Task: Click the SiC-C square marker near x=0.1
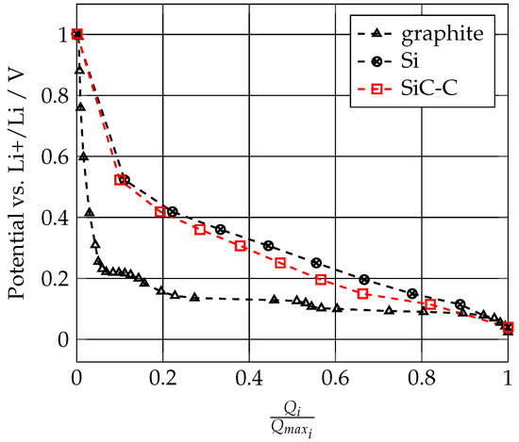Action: click(120, 180)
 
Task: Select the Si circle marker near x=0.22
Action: click(172, 211)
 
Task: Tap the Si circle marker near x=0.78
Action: click(412, 294)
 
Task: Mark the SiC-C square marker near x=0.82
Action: click(430, 304)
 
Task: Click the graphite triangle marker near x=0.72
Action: click(389, 310)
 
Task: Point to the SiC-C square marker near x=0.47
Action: click(280, 263)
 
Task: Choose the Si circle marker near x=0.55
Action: click(316, 263)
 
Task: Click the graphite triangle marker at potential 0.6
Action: click(84, 156)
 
